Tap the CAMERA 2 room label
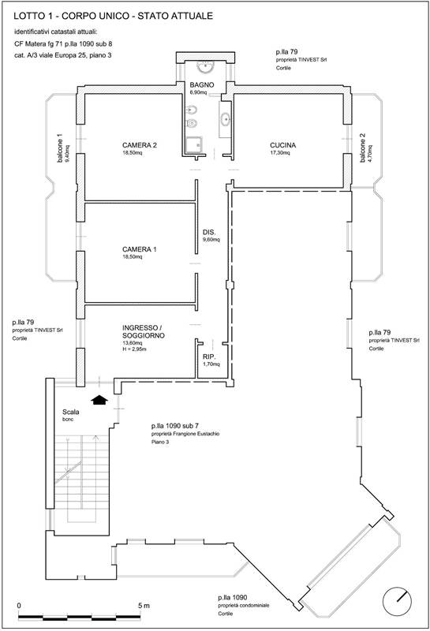click(x=140, y=145)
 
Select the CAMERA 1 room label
click(x=140, y=249)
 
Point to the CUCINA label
click(x=282, y=145)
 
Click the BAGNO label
click(x=202, y=85)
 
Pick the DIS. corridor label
click(x=209, y=232)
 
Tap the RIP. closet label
click(x=209, y=357)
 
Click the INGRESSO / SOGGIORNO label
click(x=144, y=331)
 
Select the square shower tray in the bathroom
click(x=193, y=144)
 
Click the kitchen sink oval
click(x=225, y=119)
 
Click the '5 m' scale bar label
click(x=144, y=606)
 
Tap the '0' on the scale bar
click(x=19, y=606)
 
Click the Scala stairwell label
click(x=71, y=412)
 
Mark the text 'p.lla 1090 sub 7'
click(x=175, y=426)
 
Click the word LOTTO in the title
click(x=28, y=16)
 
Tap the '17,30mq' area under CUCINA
click(x=280, y=153)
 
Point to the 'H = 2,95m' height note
click(x=134, y=349)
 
